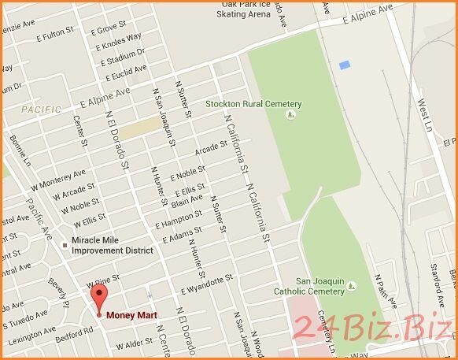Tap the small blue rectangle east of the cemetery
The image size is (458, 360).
pyautogui.click(x=344, y=65)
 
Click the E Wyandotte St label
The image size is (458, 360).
pyautogui.click(x=208, y=282)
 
